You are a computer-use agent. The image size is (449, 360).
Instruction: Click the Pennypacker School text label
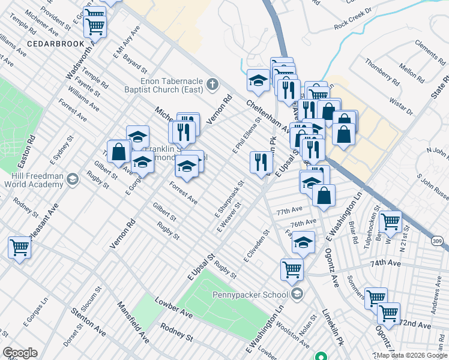pyautogui.click(x=250, y=295)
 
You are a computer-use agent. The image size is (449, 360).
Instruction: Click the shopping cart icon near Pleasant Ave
pyautogui.click(x=19, y=246)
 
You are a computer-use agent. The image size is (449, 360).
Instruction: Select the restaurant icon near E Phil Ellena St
pyautogui.click(x=261, y=162)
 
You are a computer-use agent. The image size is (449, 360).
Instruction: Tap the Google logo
pyautogui.click(x=20, y=353)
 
